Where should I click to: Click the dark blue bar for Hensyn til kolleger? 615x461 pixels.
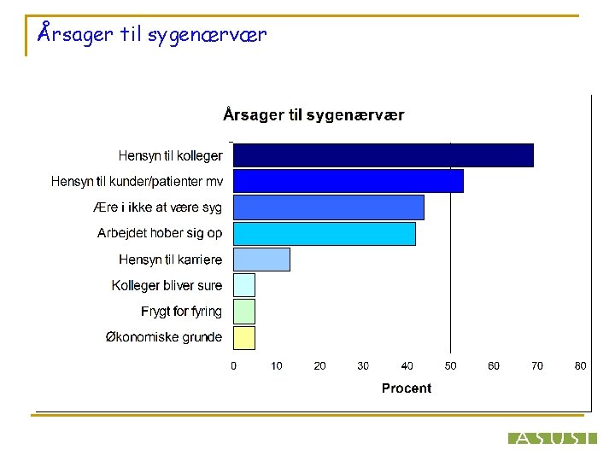click(384, 155)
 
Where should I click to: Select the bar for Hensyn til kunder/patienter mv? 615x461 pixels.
click(348, 181)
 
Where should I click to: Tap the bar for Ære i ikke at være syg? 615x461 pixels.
click(329, 207)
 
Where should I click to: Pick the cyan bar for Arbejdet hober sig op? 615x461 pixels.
click(325, 233)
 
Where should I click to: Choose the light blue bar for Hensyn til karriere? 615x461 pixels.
click(261, 260)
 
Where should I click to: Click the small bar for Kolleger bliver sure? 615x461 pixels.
click(244, 285)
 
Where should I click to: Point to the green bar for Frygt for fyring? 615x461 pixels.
click(244, 312)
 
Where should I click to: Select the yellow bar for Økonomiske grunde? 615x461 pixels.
click(244, 337)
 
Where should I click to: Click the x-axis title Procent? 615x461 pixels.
click(406, 388)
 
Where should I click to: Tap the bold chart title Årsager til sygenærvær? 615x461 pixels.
click(313, 114)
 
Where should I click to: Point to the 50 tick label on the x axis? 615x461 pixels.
click(450, 366)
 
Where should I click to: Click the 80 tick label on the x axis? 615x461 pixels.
click(581, 366)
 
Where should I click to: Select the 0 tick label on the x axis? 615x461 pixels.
click(234, 366)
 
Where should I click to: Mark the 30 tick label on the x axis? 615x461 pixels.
click(363, 366)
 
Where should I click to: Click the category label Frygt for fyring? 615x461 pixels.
click(181, 312)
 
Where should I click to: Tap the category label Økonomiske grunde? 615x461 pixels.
click(163, 337)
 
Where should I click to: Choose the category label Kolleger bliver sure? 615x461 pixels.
click(167, 285)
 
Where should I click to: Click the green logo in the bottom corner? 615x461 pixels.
click(552, 438)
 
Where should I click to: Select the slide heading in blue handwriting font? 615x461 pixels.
click(153, 35)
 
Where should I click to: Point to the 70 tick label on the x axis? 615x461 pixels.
click(537, 366)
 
